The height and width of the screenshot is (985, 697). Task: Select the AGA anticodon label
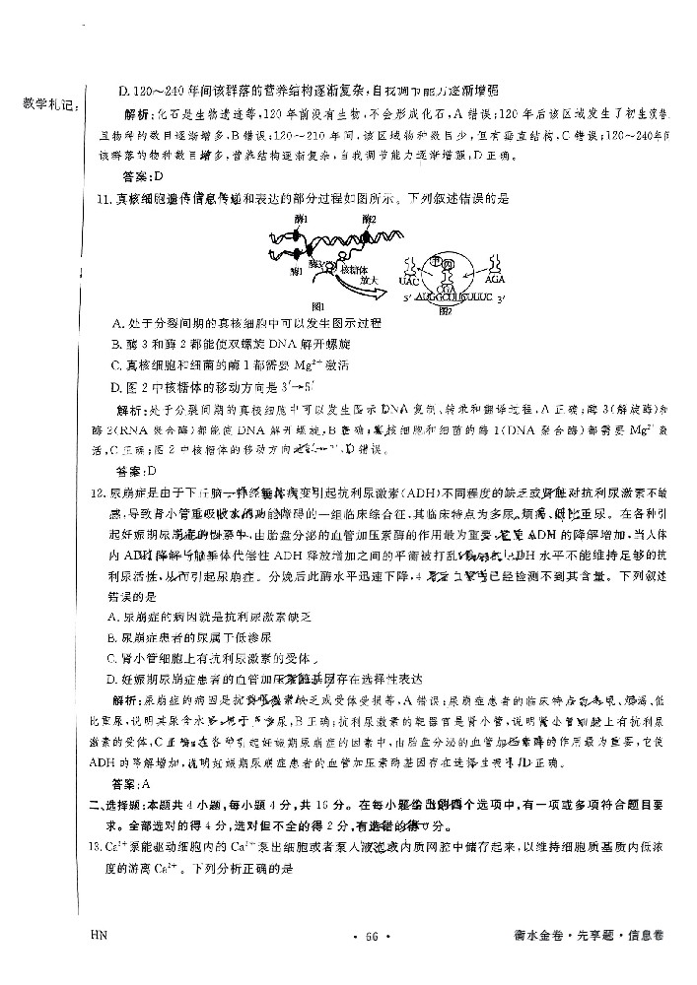click(497, 279)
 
